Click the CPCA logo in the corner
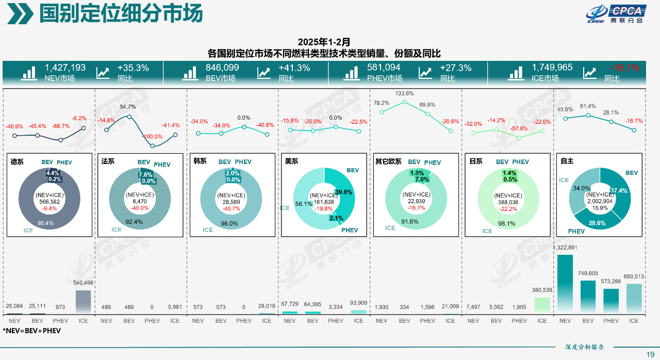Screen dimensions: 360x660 pos(616,14)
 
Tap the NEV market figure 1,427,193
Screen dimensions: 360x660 pos(65,68)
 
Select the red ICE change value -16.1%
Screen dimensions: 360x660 pos(624,68)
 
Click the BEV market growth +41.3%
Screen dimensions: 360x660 pos(294,68)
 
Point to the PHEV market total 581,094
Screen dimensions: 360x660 pos(383,68)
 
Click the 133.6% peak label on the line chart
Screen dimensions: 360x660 pos(404,93)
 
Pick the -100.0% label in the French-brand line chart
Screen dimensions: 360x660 pos(152,137)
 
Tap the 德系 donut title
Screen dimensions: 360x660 pos(17,161)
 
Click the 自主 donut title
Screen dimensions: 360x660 pos(567,161)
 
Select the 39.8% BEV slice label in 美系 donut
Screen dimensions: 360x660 pos(343,192)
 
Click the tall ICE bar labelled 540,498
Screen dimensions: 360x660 pos(83,302)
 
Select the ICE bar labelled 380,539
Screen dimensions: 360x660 pos(542,305)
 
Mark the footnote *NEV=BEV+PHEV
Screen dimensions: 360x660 pos(31,331)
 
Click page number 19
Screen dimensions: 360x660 pos(650,354)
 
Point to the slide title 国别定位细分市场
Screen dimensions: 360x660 pos(121,14)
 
